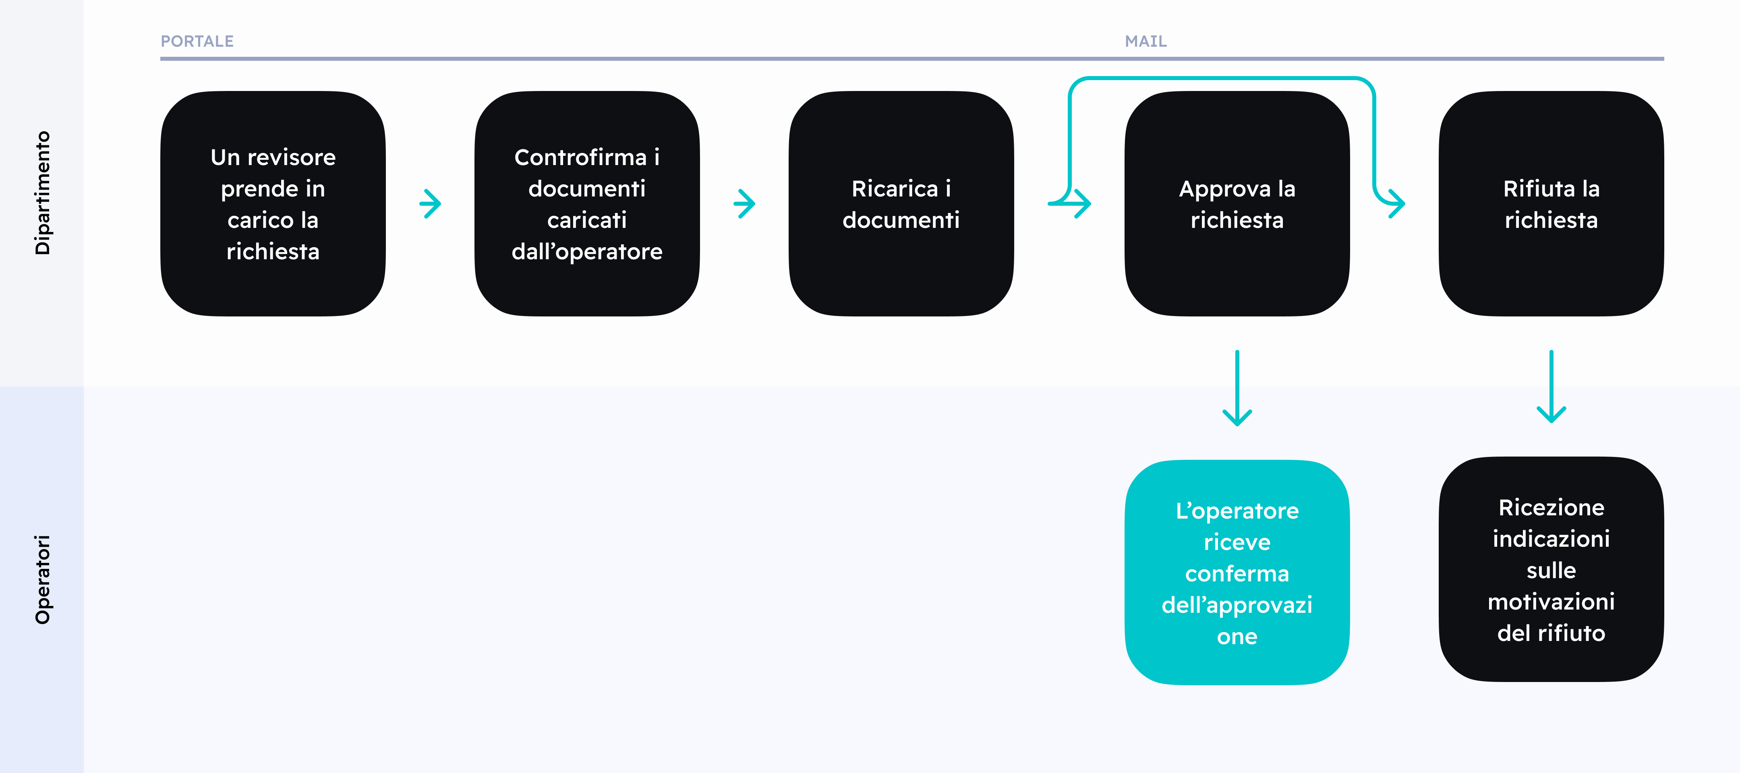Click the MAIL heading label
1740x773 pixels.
(1145, 41)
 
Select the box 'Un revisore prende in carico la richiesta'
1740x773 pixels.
(273, 204)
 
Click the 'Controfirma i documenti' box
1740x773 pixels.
(587, 204)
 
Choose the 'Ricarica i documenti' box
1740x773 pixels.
(901, 204)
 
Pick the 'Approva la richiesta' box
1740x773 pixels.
(1237, 204)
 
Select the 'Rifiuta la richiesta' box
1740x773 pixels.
(1551, 204)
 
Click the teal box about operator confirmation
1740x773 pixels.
(1237, 573)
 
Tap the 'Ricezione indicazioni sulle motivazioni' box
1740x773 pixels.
(1551, 570)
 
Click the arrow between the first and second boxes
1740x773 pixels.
(430, 204)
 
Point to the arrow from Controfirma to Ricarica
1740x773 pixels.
(744, 204)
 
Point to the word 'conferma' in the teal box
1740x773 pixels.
(1237, 574)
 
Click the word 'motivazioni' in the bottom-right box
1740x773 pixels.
(1551, 601)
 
